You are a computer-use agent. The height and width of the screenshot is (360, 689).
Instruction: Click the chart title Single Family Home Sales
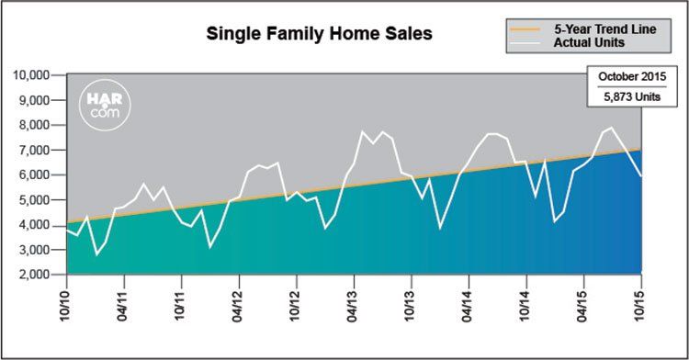point(320,34)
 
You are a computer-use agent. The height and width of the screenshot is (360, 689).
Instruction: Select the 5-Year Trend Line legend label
point(605,29)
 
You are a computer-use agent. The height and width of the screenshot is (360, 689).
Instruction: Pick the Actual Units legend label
point(589,42)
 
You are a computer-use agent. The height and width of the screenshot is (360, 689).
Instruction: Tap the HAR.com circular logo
point(105,105)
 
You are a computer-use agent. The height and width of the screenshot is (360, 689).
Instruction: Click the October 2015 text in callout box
point(632,76)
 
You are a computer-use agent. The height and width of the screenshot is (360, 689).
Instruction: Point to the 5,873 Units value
point(632,96)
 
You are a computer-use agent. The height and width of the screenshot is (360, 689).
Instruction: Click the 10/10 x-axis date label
point(66,305)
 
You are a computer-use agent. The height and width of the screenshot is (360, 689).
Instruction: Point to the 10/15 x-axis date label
point(640,305)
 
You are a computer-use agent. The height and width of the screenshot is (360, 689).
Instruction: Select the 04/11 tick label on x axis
point(123,305)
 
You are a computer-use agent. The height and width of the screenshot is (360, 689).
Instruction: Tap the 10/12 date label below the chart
point(296,305)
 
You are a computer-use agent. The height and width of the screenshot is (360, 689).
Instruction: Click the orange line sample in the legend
point(525,29)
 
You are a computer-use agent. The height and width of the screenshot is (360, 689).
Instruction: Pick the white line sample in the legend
point(525,42)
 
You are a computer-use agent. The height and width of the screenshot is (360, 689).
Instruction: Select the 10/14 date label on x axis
point(525,305)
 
